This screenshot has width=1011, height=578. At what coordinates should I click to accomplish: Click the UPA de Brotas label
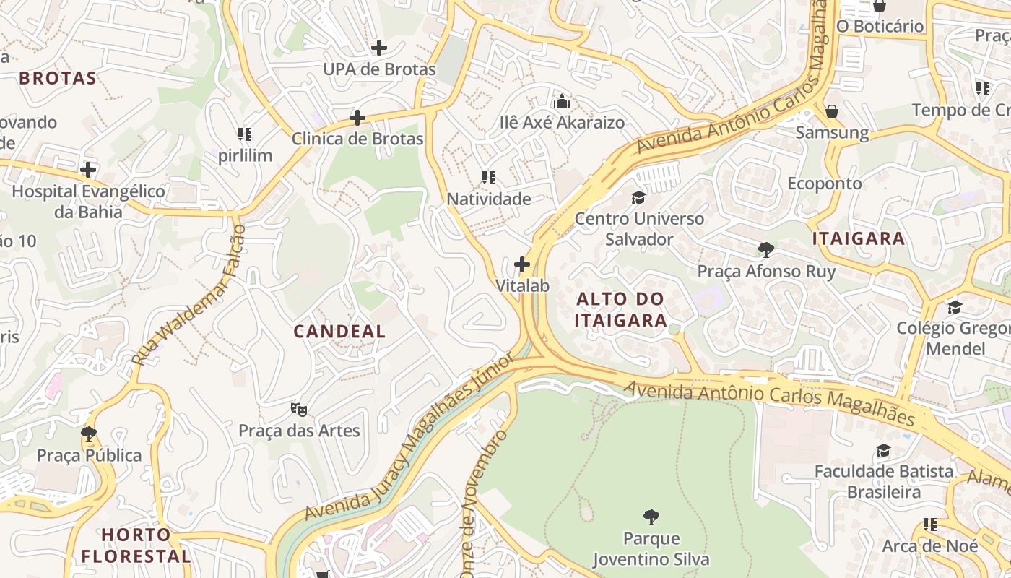point(379,69)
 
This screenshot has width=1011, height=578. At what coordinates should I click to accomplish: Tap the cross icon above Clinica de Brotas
point(357,118)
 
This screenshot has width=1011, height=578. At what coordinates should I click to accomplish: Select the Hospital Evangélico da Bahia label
point(88,202)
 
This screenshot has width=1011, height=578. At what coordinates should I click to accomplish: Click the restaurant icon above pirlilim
point(245,134)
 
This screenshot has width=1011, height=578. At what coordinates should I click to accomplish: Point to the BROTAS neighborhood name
point(58,78)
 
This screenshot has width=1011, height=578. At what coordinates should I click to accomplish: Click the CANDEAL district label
point(339,332)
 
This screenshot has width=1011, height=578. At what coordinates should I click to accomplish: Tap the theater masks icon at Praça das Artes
point(299,410)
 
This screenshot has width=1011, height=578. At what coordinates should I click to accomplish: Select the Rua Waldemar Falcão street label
point(189,295)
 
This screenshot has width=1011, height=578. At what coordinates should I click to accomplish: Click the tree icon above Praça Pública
point(89,434)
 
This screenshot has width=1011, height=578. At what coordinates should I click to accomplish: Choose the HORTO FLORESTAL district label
point(136,545)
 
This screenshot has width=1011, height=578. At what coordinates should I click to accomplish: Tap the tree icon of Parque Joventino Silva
point(651,517)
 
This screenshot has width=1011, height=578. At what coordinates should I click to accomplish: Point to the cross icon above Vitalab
point(522,264)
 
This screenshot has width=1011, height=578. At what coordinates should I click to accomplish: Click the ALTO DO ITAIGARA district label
point(620,309)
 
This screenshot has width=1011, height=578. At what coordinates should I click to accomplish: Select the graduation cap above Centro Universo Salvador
point(638,197)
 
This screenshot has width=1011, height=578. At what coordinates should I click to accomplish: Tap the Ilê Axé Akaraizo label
point(562,122)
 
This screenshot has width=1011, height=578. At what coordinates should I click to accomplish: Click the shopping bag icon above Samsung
point(832,111)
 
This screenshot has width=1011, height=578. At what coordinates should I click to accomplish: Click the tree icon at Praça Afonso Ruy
point(766,250)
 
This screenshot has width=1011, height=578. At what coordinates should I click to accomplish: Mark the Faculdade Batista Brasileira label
point(883,481)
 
